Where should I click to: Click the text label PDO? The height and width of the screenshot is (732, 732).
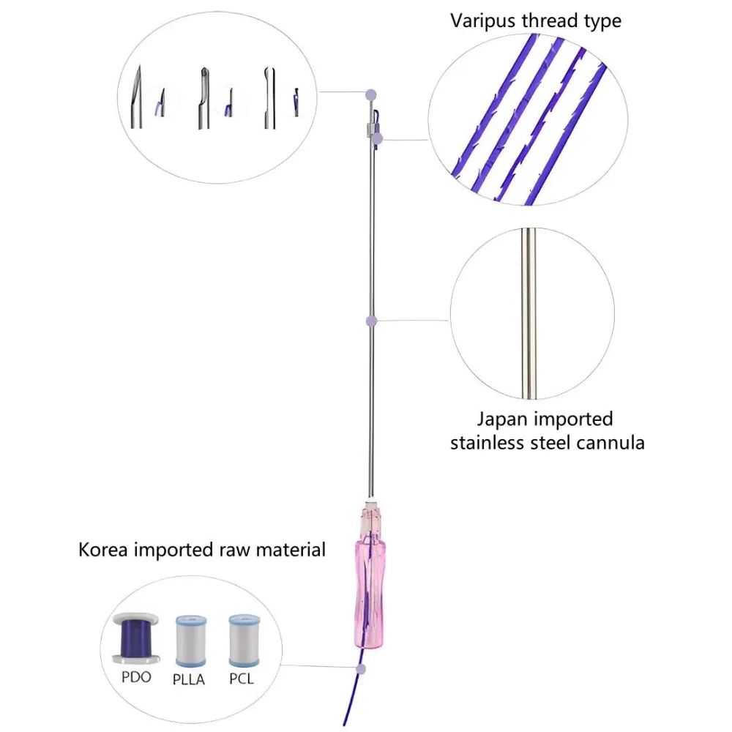(x=136, y=677)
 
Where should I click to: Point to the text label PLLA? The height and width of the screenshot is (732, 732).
(x=189, y=679)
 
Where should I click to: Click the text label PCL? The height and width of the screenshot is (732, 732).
(x=242, y=679)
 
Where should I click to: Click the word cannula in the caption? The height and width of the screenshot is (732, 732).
(x=610, y=443)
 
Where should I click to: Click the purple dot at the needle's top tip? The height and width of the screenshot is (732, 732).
(x=372, y=94)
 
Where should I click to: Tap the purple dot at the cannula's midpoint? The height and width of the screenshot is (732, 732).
(x=372, y=321)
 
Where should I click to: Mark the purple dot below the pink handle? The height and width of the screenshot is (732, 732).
(x=359, y=669)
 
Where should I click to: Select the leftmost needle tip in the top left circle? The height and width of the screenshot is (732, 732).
(x=137, y=99)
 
